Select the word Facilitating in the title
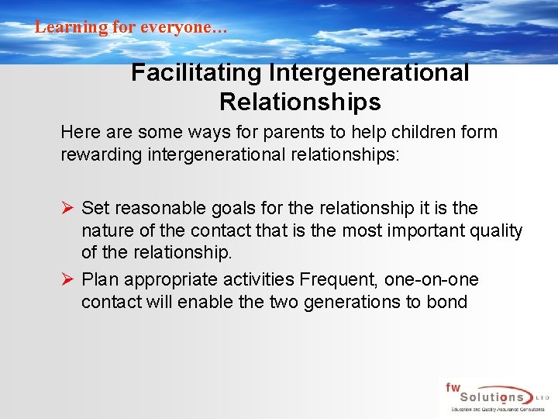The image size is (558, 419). tap(196, 73)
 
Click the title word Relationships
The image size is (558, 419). tap(300, 102)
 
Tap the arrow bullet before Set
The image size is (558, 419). tap(67, 208)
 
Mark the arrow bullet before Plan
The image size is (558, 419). tap(67, 279)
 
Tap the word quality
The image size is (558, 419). tap(498, 231)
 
